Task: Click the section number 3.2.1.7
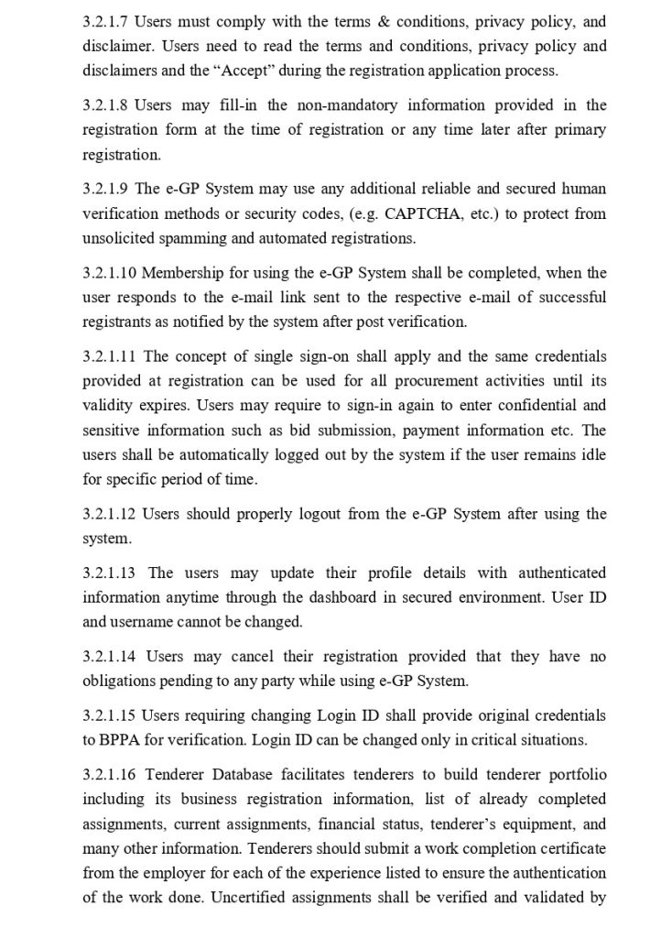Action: (105, 20)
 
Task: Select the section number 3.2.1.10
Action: (109, 273)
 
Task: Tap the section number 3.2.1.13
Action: (109, 573)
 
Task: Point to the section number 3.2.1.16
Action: (109, 774)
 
